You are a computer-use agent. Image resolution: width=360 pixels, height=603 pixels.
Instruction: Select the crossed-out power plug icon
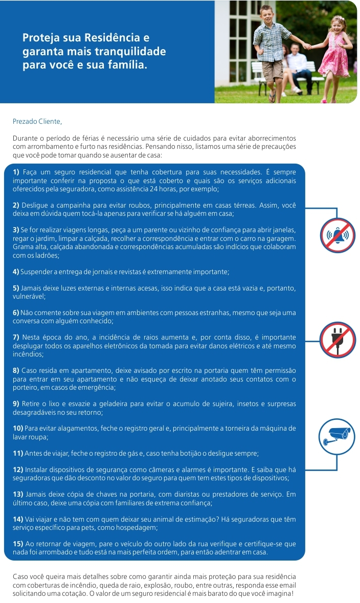pyautogui.click(x=337, y=339)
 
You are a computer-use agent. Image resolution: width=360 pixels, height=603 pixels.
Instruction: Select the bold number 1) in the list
pyautogui.click(x=16, y=172)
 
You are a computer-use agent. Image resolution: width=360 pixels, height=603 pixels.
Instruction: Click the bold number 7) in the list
pyautogui.click(x=16, y=338)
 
